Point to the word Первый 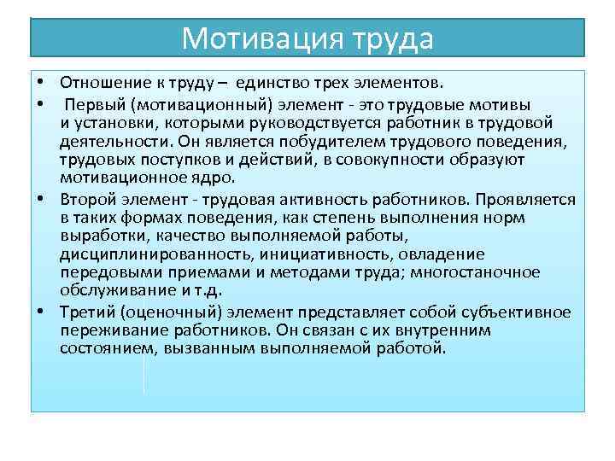(x=94, y=104)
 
